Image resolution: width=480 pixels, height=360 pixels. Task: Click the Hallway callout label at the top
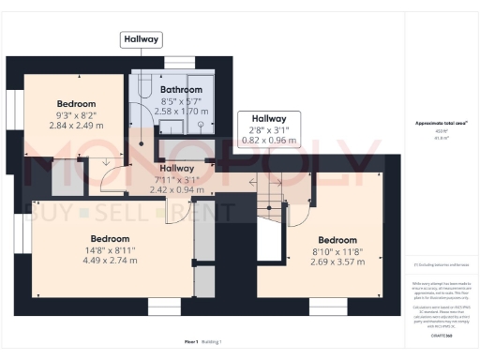point(141,39)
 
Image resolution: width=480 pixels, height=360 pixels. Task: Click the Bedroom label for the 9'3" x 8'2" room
point(76,103)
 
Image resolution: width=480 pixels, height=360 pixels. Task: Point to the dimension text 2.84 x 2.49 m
point(76,125)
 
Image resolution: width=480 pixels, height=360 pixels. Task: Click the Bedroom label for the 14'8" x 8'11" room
point(110,239)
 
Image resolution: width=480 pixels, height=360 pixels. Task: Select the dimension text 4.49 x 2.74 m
point(110,261)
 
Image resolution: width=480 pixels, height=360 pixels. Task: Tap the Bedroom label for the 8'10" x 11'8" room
point(337,240)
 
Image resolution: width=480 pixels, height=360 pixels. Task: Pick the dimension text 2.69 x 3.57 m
point(337,262)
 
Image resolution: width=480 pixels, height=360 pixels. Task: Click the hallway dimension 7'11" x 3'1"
point(177,179)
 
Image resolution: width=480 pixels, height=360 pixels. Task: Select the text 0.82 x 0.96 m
point(268,141)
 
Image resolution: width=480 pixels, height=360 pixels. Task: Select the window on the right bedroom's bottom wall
point(328,307)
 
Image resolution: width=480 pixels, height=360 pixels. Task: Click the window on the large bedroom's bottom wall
point(164,307)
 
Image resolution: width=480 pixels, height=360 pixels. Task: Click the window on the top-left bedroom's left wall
point(12,105)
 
